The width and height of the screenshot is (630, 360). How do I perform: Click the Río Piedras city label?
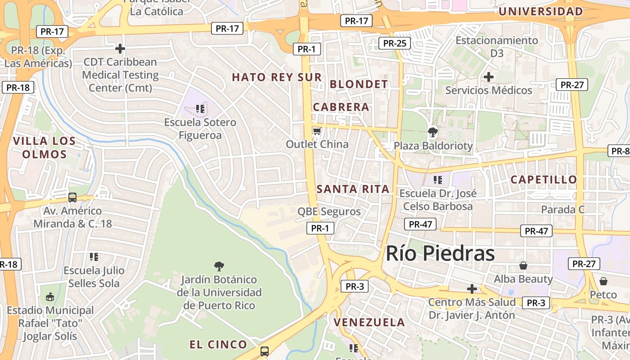pyautogui.click(x=440, y=253)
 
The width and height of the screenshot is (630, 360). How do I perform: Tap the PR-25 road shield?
pyautogui.click(x=394, y=43)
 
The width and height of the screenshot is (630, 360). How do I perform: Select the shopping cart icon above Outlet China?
pyautogui.click(x=317, y=131)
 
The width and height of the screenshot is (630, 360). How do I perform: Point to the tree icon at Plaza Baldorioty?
pyautogui.click(x=433, y=132)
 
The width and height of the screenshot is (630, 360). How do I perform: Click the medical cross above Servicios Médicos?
pyautogui.click(x=488, y=77)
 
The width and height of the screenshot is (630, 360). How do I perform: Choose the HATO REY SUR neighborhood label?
pyautogui.click(x=277, y=77)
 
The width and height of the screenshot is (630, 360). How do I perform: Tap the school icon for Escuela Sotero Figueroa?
pyautogui.click(x=200, y=108)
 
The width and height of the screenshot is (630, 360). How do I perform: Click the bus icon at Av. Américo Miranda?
pyautogui.click(x=72, y=197)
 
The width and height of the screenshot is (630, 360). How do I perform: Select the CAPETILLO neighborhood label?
pyautogui.click(x=544, y=180)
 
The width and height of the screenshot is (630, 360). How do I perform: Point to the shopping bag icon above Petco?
pyautogui.click(x=603, y=281)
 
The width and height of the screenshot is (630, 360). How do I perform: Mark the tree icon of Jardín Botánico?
pyautogui.click(x=219, y=266)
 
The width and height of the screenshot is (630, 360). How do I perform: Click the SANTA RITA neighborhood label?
pyautogui.click(x=353, y=189)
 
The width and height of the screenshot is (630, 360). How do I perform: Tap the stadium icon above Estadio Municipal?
pyautogui.click(x=50, y=297)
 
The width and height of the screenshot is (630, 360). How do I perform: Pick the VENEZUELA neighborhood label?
pyautogui.click(x=369, y=322)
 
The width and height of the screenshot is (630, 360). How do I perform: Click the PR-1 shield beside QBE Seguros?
pyautogui.click(x=320, y=228)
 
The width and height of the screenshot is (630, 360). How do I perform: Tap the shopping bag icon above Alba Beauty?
pyautogui.click(x=523, y=265)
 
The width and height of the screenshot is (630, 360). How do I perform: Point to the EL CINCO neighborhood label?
pyautogui.click(x=218, y=345)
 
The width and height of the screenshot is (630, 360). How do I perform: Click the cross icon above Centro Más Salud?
pyautogui.click(x=472, y=288)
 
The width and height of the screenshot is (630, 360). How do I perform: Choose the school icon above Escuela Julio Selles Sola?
pyautogui.click(x=94, y=257)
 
